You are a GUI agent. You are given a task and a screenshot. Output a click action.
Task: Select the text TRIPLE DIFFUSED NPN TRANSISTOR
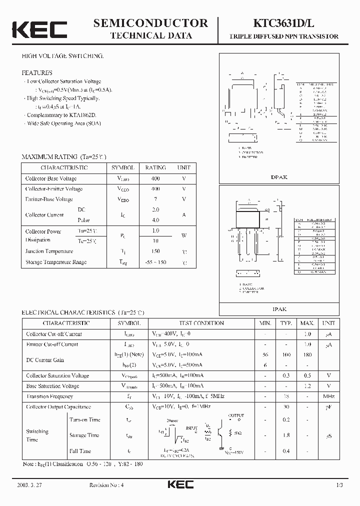[283, 36]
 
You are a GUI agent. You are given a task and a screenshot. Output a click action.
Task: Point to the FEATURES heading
[37, 72]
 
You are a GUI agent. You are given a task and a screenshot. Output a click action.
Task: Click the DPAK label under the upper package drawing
[279, 177]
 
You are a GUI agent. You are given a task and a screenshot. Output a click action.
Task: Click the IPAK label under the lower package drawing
[279, 309]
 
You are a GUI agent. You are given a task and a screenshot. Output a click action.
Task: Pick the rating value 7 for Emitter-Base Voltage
[155, 199]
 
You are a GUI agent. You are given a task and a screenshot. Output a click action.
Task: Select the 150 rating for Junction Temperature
[155, 251]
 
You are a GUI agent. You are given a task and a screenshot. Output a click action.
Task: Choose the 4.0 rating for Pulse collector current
[155, 220]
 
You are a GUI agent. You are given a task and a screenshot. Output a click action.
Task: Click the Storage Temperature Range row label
[56, 262]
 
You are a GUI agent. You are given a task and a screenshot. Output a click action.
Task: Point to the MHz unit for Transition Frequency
[329, 396]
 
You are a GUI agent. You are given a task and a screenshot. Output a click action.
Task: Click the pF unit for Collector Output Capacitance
[329, 407]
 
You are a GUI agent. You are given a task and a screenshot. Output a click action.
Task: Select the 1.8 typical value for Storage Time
[286, 435]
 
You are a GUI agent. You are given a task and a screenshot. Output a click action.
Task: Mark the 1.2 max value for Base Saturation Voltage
[307, 386]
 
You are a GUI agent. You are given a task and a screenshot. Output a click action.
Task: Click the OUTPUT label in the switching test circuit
[236, 415]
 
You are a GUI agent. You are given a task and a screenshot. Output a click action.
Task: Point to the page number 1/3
[339, 485]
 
